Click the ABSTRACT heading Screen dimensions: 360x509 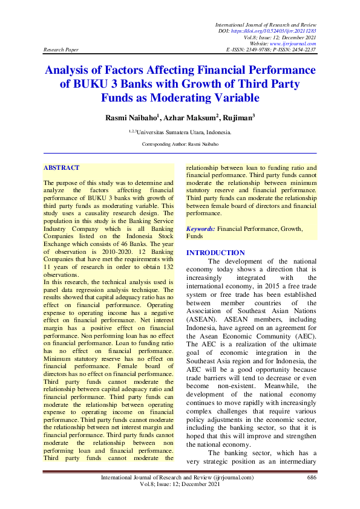click(62, 167)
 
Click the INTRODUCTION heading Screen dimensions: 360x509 click(215, 253)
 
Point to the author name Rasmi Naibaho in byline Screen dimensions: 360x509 click(129, 117)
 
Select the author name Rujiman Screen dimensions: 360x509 click(237, 117)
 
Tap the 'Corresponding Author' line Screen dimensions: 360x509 click(180, 144)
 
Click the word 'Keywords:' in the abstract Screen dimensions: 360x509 click(201, 230)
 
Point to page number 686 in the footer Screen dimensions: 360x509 click(312, 478)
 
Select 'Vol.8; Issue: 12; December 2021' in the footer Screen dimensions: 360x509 click(180, 485)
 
